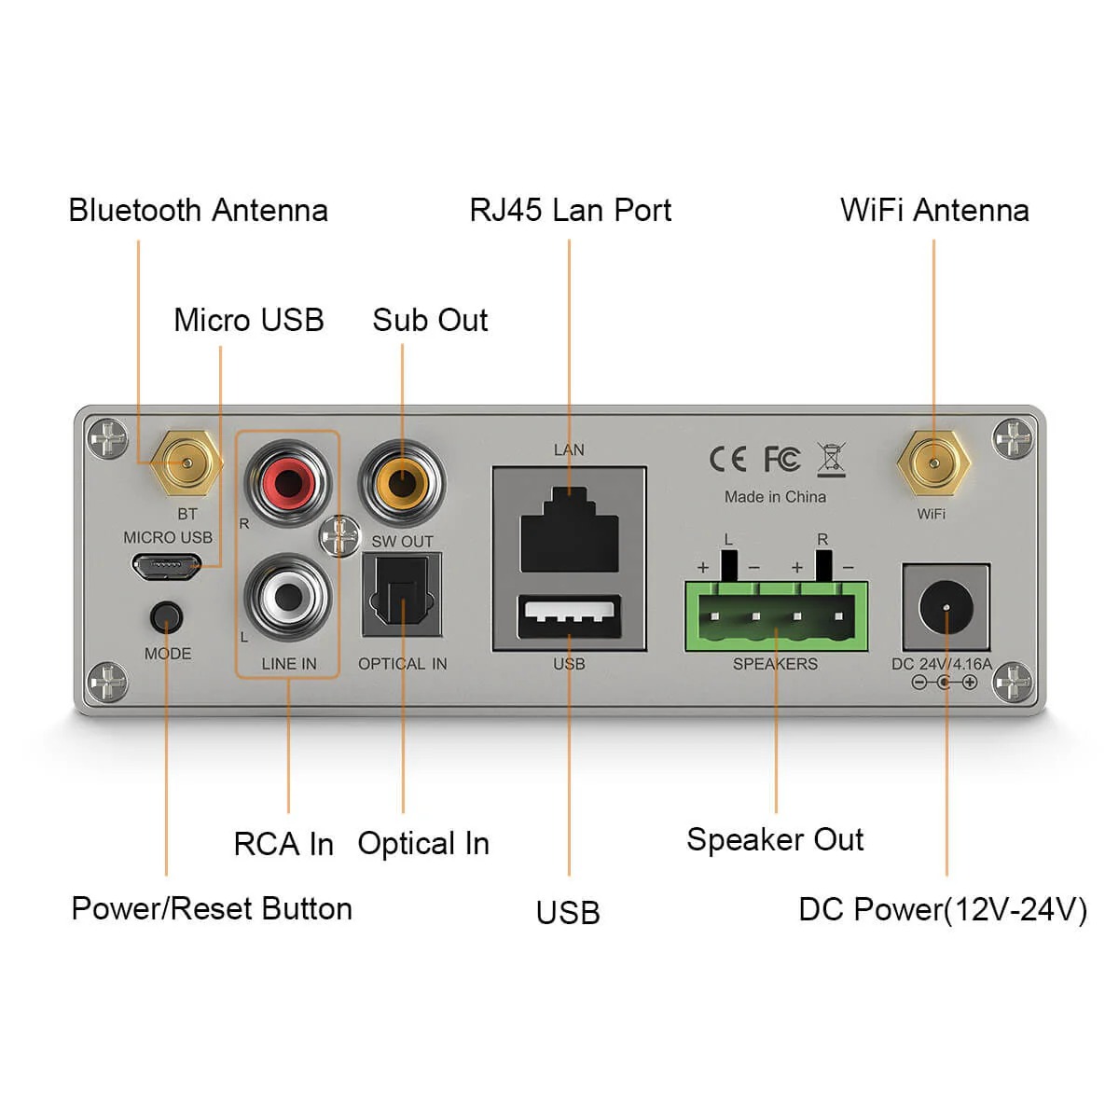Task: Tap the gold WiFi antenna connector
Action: pyautogui.click(x=933, y=463)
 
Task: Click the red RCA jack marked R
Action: pyautogui.click(x=287, y=483)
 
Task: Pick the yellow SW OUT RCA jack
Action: pyautogui.click(x=402, y=483)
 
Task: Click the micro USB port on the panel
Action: pyautogui.click(x=165, y=566)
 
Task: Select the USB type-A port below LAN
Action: pyautogui.click(x=569, y=617)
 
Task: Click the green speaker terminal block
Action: pyautogui.click(x=776, y=616)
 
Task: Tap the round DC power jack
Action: pyautogui.click(x=946, y=608)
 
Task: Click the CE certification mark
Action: pyautogui.click(x=727, y=459)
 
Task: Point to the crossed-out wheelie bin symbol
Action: pyautogui.click(x=831, y=459)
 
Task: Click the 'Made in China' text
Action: pyautogui.click(x=775, y=497)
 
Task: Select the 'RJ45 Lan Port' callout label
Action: pyautogui.click(x=570, y=211)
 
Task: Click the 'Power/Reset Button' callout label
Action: pyautogui.click(x=212, y=908)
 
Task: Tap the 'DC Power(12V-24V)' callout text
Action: pyautogui.click(x=942, y=909)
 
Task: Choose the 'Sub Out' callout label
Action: pyautogui.click(x=430, y=320)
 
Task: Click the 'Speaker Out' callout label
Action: pyautogui.click(x=775, y=839)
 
